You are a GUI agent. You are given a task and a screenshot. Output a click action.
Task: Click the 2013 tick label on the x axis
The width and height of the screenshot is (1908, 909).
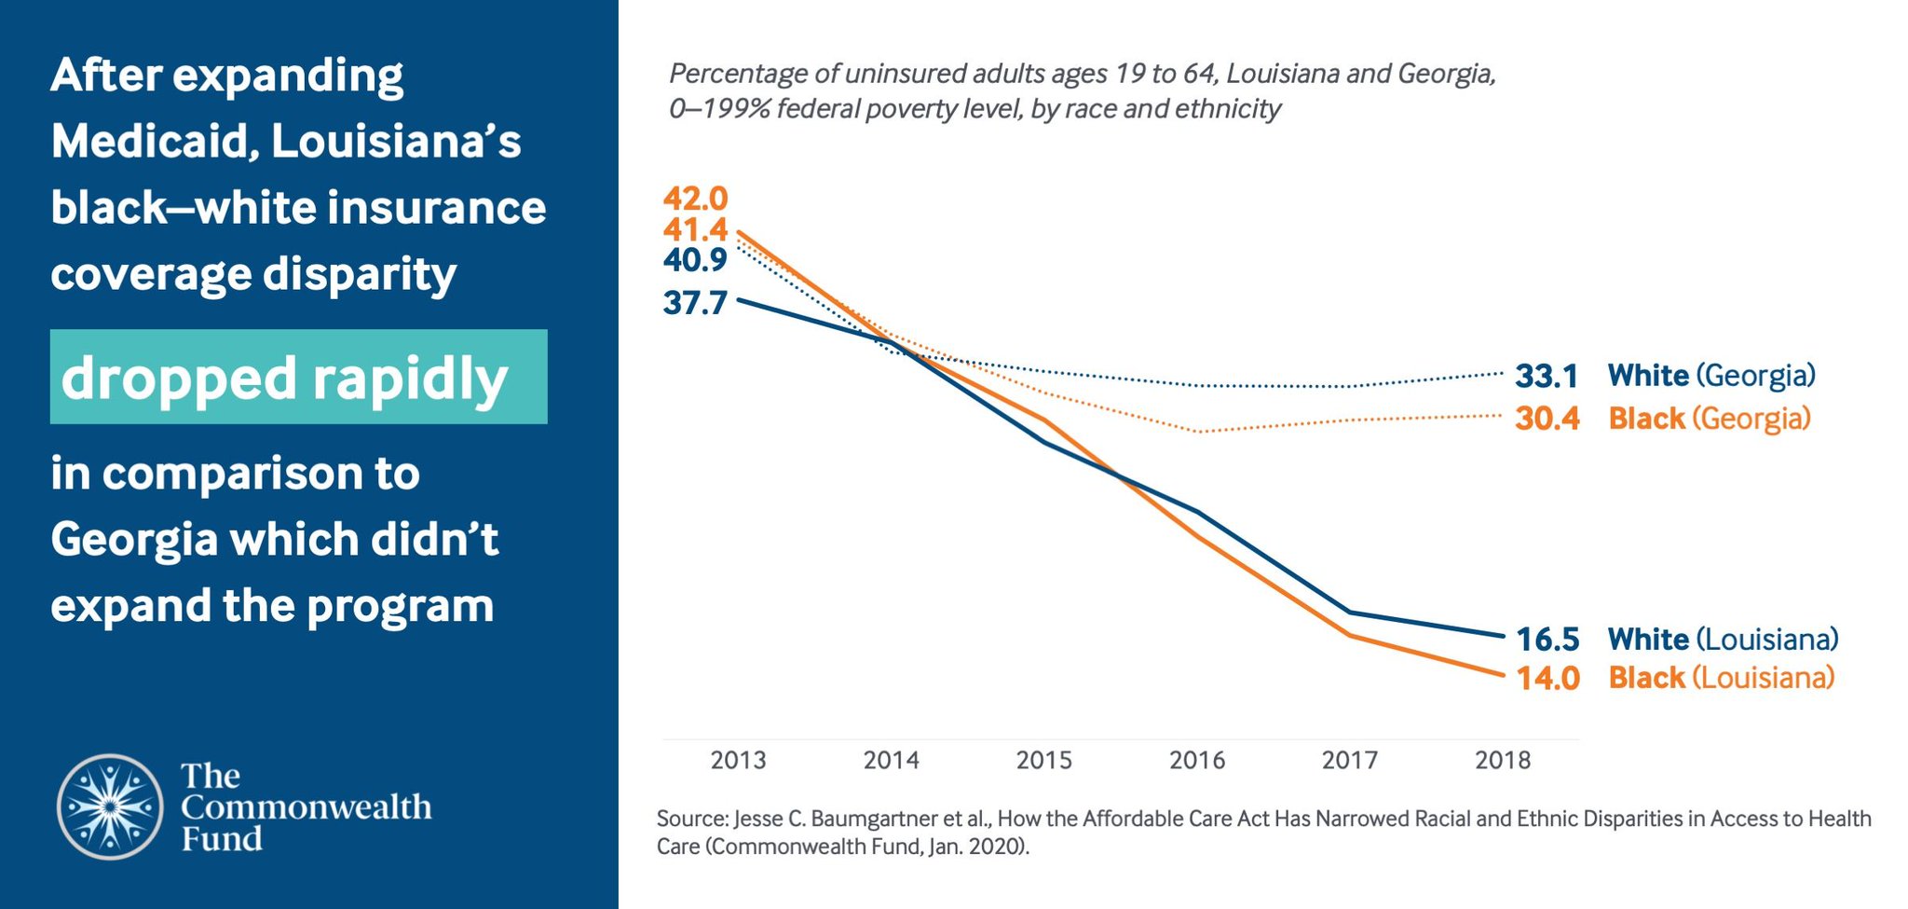point(738,761)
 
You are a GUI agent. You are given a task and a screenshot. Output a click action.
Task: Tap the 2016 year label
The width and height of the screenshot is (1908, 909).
point(1196,761)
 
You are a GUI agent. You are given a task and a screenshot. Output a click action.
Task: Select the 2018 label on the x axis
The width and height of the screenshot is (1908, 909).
point(1502,761)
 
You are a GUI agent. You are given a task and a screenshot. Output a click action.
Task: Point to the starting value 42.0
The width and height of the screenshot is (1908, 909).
point(695,199)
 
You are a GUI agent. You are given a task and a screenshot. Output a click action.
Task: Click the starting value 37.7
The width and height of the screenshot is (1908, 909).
point(695,303)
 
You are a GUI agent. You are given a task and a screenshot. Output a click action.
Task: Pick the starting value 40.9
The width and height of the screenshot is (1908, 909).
point(695,260)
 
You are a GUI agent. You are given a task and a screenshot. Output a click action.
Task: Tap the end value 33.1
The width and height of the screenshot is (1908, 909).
point(1547,376)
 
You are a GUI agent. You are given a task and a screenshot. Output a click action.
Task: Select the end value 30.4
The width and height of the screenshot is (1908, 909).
point(1547,419)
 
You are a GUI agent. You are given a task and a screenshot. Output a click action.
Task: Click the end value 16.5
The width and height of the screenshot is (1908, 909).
point(1547,640)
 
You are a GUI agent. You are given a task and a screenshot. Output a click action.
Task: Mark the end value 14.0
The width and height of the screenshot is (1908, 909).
point(1547,678)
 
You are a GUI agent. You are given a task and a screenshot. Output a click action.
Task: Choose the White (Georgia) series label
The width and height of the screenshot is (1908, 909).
point(1711,376)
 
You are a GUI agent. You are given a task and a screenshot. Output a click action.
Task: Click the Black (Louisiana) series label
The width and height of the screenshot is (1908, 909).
point(1721,678)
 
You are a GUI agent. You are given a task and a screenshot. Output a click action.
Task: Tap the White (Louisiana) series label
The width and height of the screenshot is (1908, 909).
point(1723,640)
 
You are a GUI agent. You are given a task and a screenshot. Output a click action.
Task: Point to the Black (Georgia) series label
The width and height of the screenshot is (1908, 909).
point(1710,419)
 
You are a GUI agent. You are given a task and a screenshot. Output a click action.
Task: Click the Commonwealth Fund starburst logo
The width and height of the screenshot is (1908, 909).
point(110,806)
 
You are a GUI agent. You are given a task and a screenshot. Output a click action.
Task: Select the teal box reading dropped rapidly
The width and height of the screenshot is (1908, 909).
point(298,378)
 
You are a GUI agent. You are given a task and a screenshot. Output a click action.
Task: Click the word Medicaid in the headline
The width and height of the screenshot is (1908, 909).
point(155,142)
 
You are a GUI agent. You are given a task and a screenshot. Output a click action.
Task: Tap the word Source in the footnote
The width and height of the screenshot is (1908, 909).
point(691,819)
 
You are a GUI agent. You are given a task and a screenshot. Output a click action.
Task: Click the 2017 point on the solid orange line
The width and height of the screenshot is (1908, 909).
point(1349,635)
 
